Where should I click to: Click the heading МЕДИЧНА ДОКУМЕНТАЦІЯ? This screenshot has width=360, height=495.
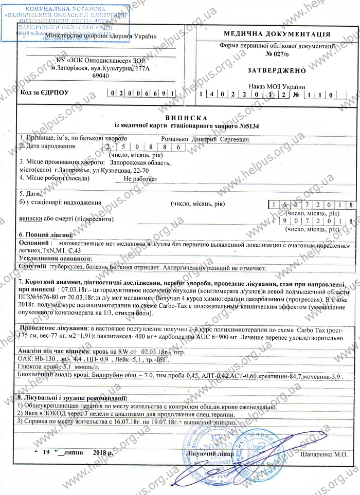tap(277, 34)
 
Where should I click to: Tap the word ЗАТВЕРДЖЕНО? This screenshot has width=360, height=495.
tap(277, 70)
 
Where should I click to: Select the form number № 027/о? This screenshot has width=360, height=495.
tap(277, 53)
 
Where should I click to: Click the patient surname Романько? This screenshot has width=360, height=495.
tap(175, 139)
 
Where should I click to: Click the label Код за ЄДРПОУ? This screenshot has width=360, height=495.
tap(44, 93)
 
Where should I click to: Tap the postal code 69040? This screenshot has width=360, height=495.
tap(100, 76)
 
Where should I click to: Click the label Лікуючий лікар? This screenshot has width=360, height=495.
tap(212, 454)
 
